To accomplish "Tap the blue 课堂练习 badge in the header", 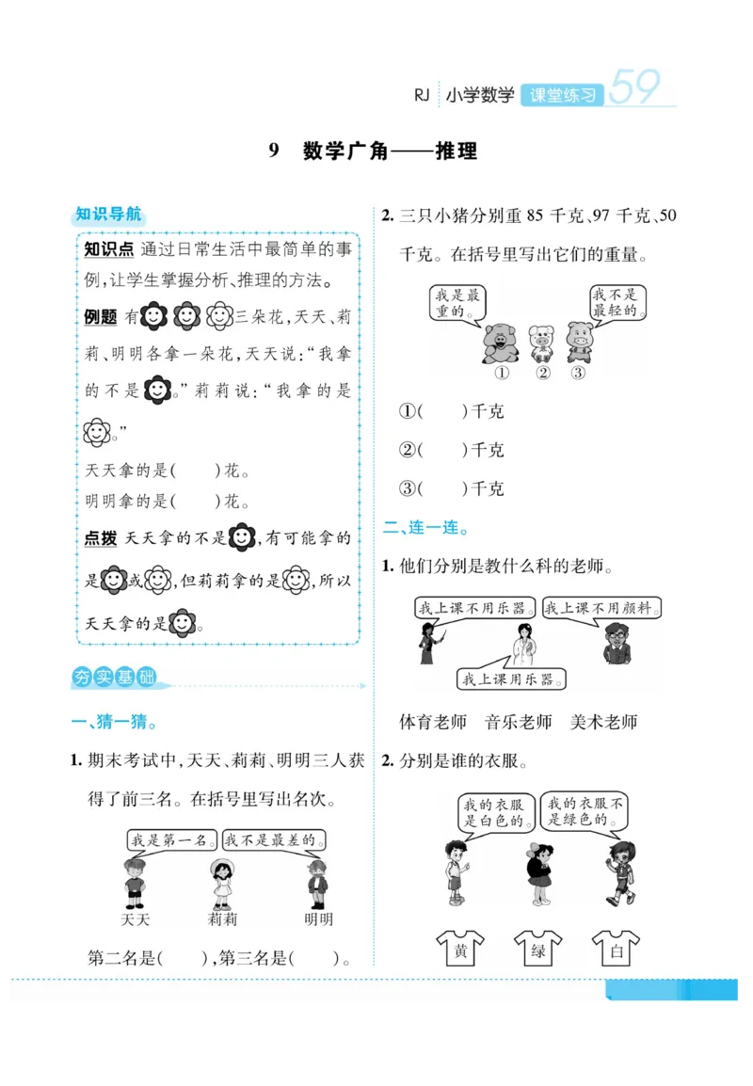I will coord(562,95).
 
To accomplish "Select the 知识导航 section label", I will coord(108,215).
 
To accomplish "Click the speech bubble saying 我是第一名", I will coord(171,839).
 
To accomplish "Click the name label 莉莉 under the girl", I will coord(222,918).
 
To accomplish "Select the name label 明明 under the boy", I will coord(318,918).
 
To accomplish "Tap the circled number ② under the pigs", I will coord(542,373).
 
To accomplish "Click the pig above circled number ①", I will coord(500,343).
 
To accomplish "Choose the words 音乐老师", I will coord(518,722).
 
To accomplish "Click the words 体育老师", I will coord(433,722).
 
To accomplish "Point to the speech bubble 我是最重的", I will coord(457,303).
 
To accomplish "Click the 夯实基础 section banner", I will coord(114,678).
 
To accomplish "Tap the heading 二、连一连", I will coord(425,528).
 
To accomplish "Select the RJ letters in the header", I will coord(421,95).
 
